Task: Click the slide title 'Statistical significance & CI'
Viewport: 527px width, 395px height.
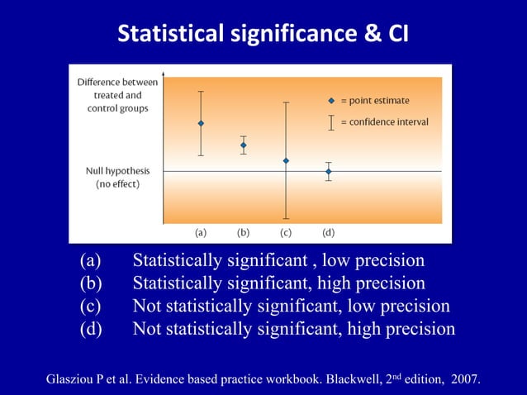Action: [x=263, y=35]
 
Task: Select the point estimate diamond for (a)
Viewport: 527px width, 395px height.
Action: [x=201, y=123]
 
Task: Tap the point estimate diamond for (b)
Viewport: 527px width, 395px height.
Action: [x=243, y=145]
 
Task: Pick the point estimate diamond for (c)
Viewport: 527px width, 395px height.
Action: [x=286, y=160]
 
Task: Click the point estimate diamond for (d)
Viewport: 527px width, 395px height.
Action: [x=328, y=172]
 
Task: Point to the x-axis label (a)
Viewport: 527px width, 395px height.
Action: [x=201, y=232]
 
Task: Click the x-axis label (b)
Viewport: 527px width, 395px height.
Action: [x=243, y=232]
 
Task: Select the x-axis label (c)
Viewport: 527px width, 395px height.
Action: [x=286, y=232]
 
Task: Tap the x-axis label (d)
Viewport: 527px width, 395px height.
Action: [x=328, y=232]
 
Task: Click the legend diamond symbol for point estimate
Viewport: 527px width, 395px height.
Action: [x=331, y=101]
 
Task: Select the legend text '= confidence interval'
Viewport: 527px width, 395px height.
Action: [x=384, y=122]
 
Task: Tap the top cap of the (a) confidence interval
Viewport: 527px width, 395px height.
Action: [x=201, y=91]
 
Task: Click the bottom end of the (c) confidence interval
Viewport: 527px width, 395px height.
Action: [x=286, y=218]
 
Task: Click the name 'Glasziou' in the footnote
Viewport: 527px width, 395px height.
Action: [x=78, y=379]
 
